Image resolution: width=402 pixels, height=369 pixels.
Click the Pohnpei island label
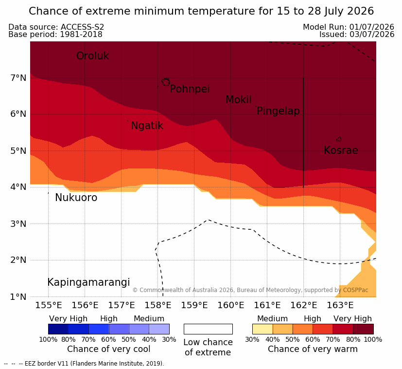pos(190,89)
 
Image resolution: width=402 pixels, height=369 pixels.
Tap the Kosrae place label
pos(341,150)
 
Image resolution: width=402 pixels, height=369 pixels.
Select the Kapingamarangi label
pos(88,282)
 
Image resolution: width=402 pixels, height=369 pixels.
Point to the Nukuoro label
pos(76,198)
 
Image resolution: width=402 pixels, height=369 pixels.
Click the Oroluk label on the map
pos(92,55)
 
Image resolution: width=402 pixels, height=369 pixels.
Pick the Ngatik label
pos(147,126)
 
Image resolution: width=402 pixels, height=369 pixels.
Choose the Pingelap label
pos(278,111)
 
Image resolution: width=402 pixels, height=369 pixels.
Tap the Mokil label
pos(239,100)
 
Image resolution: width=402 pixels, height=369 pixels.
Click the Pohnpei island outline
pos(166,82)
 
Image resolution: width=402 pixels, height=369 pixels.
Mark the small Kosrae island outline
pos(339,139)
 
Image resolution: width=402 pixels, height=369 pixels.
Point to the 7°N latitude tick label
pos(18,77)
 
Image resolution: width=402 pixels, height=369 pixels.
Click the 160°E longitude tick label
pos(231,305)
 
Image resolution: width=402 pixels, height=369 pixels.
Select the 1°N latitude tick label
pos(18,297)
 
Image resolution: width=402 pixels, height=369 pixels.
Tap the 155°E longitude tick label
pos(49,305)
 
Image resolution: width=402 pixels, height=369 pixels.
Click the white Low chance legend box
pos(208,329)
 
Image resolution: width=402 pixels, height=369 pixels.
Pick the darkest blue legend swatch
pos(58,329)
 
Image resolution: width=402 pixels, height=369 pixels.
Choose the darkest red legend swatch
pos(363,329)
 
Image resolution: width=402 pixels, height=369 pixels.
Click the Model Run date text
pos(349,27)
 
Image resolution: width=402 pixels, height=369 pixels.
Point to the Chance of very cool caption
pos(109,349)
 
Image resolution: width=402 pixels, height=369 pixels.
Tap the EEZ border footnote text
pos(84,364)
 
